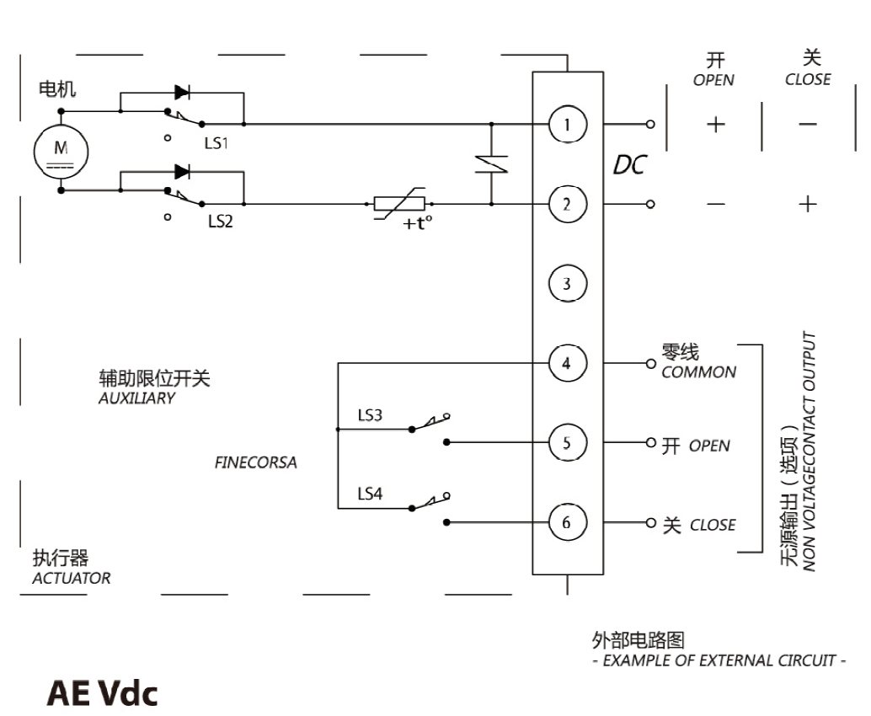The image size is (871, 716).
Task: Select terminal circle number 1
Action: pos(567,125)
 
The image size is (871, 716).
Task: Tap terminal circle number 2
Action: pos(567,204)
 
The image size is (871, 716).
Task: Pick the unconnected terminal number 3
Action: pos(567,283)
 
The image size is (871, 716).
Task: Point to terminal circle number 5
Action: pos(567,442)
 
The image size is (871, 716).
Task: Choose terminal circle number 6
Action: pos(567,522)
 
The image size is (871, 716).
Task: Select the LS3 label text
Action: pos(370,414)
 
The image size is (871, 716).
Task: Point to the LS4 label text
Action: pos(370,494)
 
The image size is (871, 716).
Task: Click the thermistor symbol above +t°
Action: pos(400,204)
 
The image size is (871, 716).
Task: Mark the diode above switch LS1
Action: pos(181,93)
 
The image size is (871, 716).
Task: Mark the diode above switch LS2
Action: pos(181,172)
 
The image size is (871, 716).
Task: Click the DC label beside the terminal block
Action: pos(628,166)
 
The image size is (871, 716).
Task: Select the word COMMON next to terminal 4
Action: pos(698,372)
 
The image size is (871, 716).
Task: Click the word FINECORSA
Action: pos(256,462)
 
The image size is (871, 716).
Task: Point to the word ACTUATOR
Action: pos(71,579)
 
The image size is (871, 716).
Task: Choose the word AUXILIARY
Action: pos(136,398)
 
